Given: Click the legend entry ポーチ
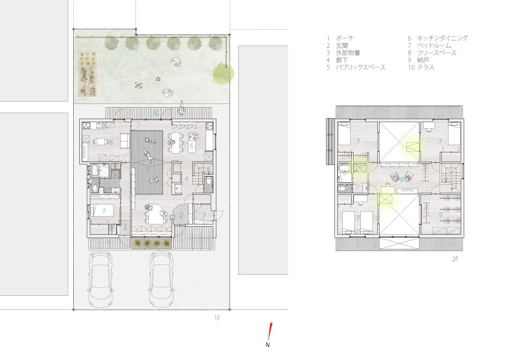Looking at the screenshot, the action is click(x=345, y=38).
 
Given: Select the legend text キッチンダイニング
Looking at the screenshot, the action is click(x=443, y=38).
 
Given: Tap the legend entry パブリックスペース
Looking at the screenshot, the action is click(x=361, y=68).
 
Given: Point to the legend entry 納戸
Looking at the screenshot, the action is click(x=423, y=60).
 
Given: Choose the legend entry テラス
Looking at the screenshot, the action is click(x=426, y=68).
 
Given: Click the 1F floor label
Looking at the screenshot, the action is click(x=217, y=318).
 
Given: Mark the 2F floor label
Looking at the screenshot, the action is click(x=455, y=259).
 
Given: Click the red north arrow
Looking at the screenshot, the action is click(x=270, y=331).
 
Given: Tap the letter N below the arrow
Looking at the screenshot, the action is click(x=268, y=345).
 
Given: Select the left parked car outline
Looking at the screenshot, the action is click(x=100, y=280).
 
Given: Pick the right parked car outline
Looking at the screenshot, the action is click(x=161, y=280).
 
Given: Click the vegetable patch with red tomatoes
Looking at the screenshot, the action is click(x=87, y=74).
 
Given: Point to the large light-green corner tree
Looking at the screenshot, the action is click(x=223, y=74).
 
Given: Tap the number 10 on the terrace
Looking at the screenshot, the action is click(x=156, y=113).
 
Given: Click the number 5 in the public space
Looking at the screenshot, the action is click(x=148, y=169).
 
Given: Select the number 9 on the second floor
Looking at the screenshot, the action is click(x=440, y=215).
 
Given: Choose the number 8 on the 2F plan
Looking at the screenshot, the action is click(x=401, y=179).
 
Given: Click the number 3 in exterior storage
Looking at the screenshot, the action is click(x=204, y=214).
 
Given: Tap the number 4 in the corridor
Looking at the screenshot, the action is click(x=186, y=178).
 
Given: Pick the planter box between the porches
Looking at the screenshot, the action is click(x=152, y=243).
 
